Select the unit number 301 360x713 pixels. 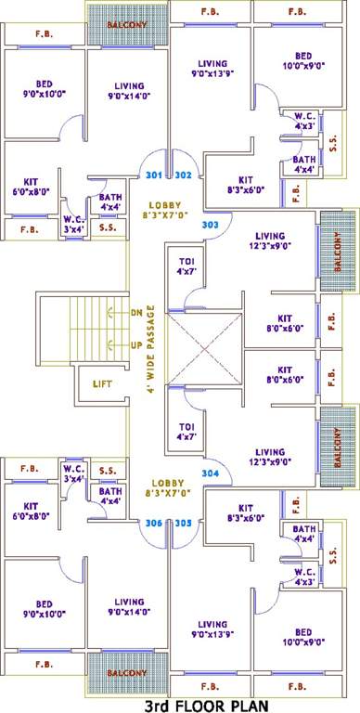(154, 175)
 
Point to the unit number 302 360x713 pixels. (182, 175)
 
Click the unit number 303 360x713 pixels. (210, 225)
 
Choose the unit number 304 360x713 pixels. (210, 473)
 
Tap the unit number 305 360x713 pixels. (182, 523)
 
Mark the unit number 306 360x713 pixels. (154, 523)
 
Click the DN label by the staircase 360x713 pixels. (136, 312)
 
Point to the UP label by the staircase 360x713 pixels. (136, 345)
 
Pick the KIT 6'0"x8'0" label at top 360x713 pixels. (30, 187)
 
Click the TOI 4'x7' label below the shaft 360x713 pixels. (186, 432)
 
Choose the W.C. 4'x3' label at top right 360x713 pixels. (305, 121)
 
